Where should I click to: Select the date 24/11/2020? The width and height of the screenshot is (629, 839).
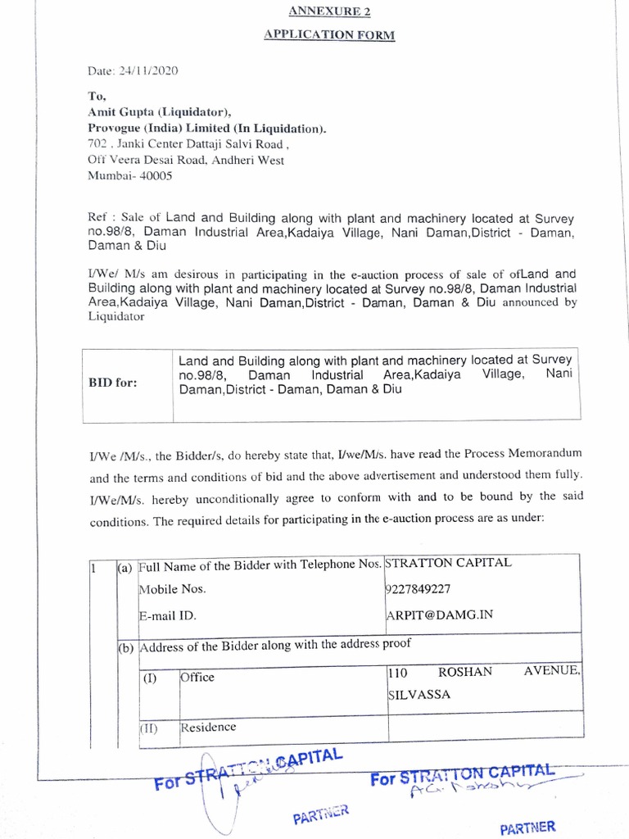click(147, 70)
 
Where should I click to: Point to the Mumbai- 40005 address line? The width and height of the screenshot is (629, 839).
click(130, 175)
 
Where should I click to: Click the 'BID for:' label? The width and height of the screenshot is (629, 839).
click(113, 383)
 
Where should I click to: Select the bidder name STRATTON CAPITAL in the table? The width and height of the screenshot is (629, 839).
click(448, 563)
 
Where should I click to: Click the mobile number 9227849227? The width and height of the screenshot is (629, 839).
click(418, 589)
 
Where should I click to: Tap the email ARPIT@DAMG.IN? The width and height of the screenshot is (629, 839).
click(438, 614)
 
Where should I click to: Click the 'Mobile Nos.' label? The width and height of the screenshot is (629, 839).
click(173, 589)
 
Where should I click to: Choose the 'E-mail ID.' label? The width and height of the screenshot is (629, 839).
click(167, 614)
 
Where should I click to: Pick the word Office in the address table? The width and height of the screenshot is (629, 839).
click(197, 677)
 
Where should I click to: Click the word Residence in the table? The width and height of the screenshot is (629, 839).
click(208, 727)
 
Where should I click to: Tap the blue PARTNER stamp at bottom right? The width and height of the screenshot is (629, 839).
click(527, 827)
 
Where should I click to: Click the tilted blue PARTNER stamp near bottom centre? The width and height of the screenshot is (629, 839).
click(321, 814)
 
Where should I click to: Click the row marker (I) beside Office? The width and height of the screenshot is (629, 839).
click(151, 678)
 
